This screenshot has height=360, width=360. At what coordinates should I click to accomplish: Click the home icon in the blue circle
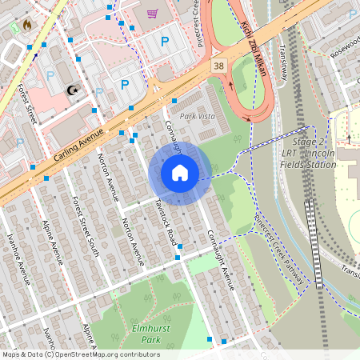[x=180, y=173]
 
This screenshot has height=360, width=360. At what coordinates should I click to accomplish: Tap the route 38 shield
[x=218, y=64]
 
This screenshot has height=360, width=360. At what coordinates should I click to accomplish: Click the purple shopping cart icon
[x=152, y=13]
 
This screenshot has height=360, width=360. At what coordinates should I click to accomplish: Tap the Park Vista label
[x=198, y=117]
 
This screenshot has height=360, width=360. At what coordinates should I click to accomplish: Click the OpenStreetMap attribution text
[x=81, y=354]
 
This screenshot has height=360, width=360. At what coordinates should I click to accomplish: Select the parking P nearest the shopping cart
[x=165, y=41]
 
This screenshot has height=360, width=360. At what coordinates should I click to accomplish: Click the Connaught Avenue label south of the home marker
[x=219, y=256]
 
